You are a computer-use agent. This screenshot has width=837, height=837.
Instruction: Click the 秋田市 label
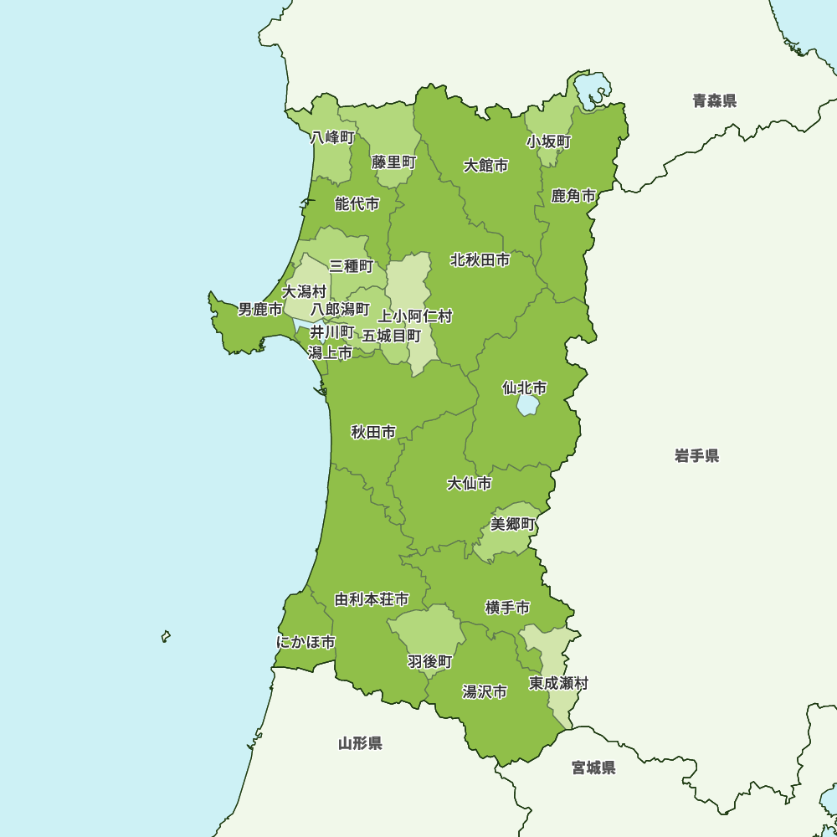(373, 433)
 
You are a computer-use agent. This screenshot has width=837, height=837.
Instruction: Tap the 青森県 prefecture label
(714, 101)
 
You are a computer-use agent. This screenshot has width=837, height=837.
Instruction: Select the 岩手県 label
(696, 456)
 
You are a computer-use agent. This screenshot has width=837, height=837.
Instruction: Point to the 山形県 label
(360, 743)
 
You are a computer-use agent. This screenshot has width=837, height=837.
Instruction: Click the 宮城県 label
(593, 768)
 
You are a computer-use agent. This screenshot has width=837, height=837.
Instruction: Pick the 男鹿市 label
(260, 310)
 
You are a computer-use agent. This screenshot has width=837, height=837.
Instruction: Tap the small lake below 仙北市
(528, 405)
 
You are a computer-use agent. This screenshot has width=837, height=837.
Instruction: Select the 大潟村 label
(304, 292)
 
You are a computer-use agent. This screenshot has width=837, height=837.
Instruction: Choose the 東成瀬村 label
(558, 684)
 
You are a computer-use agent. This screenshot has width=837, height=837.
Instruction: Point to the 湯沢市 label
(485, 692)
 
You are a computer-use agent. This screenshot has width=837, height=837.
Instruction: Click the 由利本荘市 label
(372, 600)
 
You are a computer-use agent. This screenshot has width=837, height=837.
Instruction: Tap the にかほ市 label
(306, 643)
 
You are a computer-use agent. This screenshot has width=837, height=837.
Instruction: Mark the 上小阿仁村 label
(415, 316)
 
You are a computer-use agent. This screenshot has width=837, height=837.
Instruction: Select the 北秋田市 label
(480, 260)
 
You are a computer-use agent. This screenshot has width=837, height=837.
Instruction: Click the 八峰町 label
(332, 137)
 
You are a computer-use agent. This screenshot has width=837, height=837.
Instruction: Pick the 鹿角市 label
(573, 197)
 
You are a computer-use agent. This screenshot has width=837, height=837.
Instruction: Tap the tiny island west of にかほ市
(167, 637)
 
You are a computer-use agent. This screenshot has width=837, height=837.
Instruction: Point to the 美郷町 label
(512, 524)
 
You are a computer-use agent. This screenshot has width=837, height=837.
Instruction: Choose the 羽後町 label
(430, 662)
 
